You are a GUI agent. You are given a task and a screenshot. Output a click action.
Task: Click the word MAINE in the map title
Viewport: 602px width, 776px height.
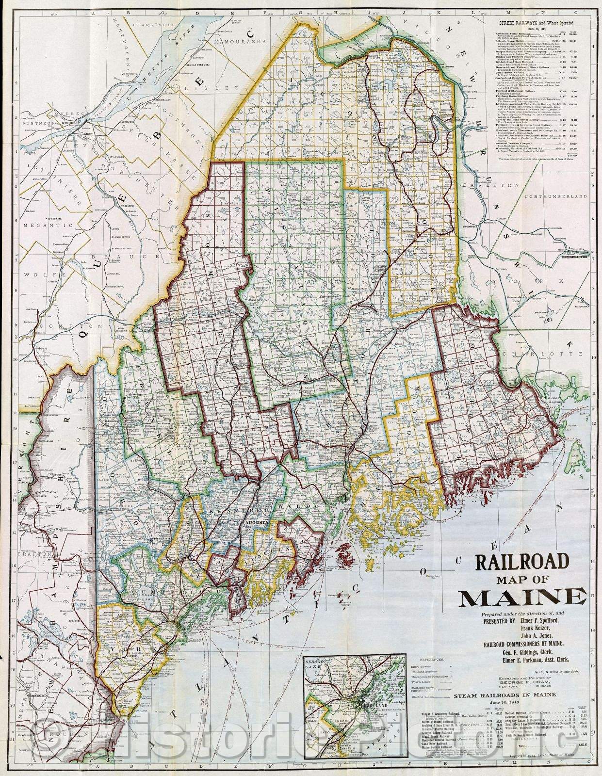(x=522, y=598)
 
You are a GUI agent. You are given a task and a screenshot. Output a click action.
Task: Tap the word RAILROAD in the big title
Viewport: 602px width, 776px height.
(x=522, y=562)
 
